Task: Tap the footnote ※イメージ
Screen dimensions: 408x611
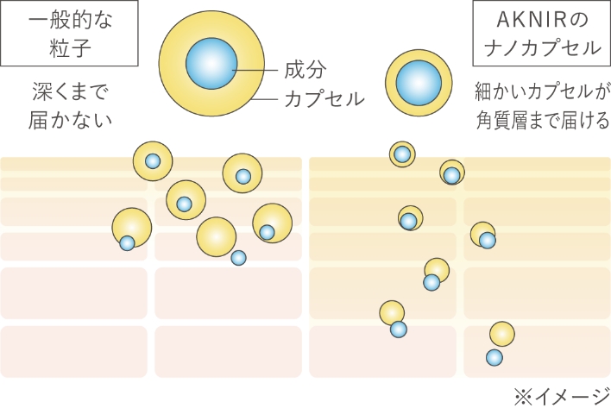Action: click(561, 396)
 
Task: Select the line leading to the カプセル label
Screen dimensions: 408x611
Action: click(267, 98)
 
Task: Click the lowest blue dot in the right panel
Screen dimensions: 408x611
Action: click(494, 357)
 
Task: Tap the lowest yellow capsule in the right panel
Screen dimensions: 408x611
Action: click(503, 334)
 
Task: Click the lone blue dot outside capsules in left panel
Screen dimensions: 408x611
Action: click(238, 257)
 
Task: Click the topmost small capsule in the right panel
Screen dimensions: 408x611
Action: click(402, 154)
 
